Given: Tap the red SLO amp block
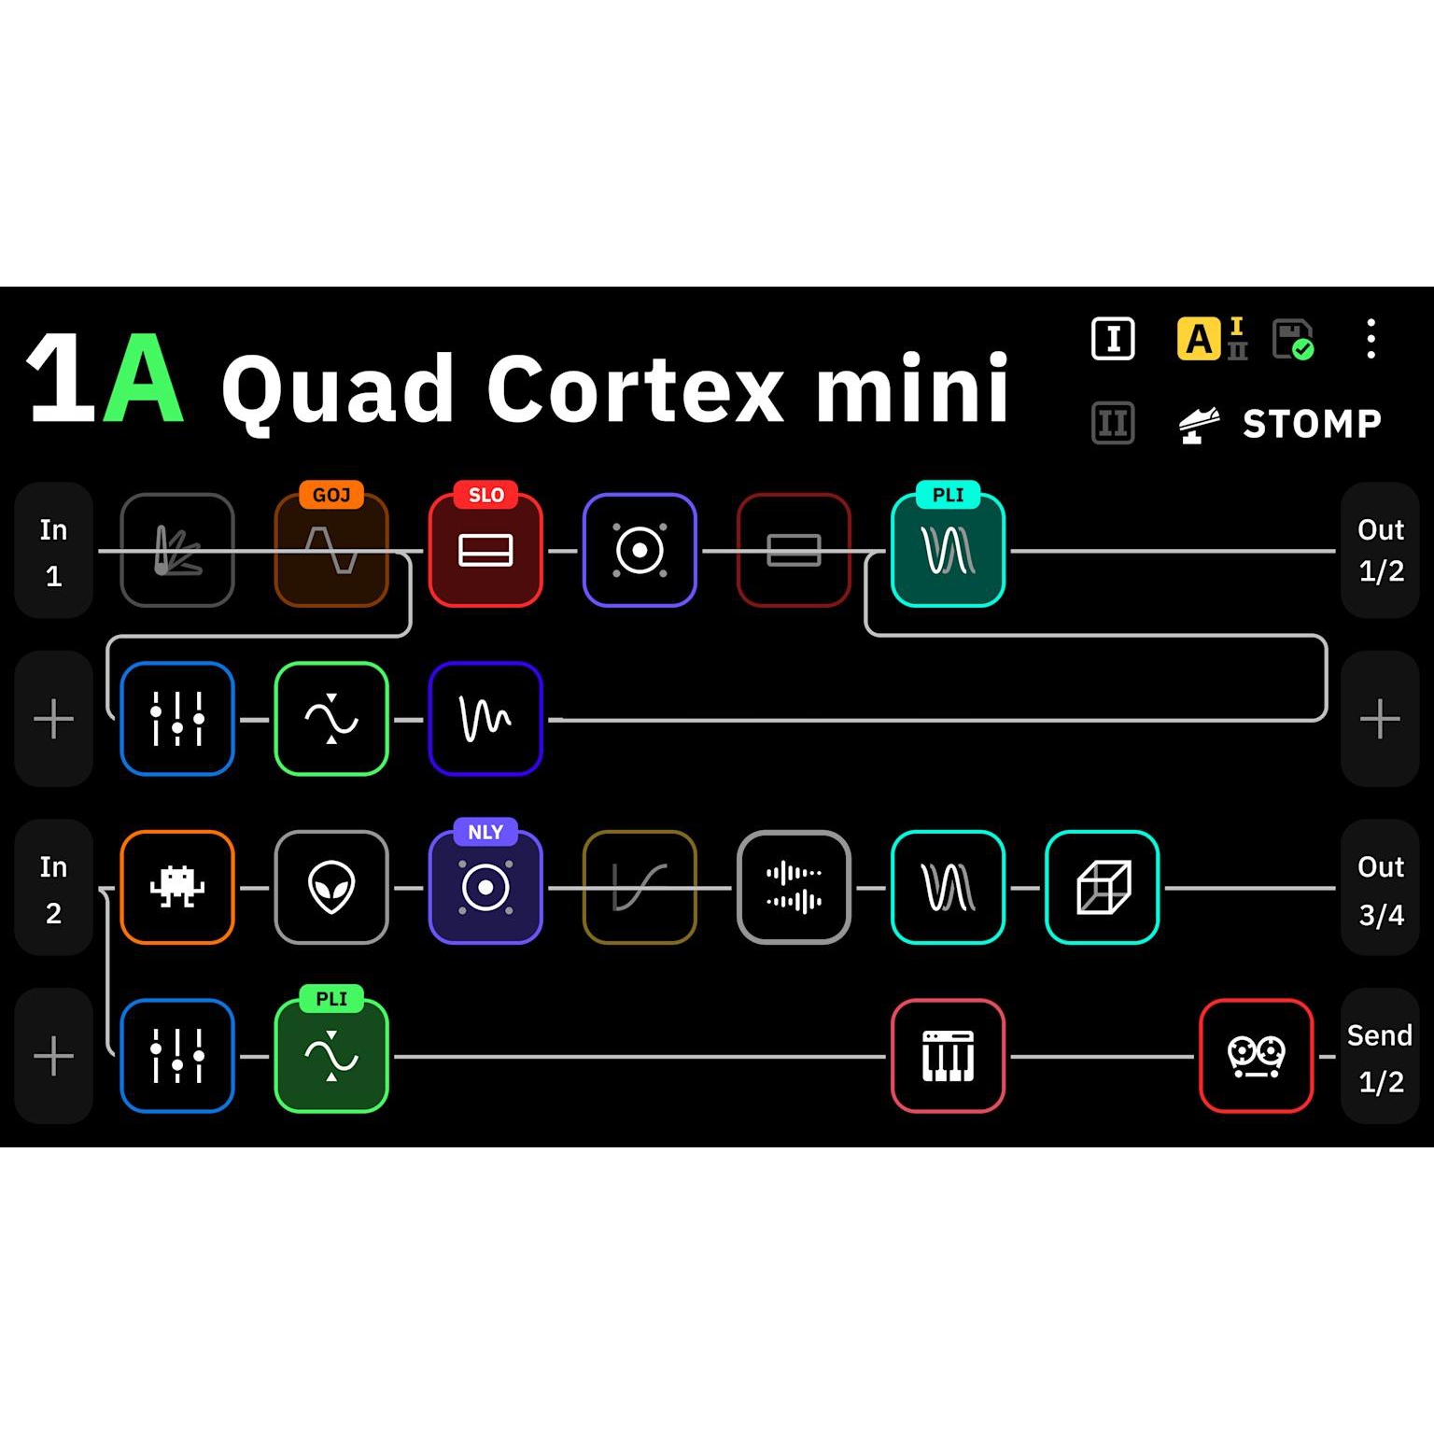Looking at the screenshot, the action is [x=485, y=550].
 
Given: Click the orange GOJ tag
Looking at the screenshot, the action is [x=331, y=495].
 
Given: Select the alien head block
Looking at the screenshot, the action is [x=331, y=887].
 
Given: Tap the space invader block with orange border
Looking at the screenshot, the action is [x=177, y=887].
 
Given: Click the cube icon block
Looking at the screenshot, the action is [x=1103, y=887].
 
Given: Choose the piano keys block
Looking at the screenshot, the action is [x=949, y=1056].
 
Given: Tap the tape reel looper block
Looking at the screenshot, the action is [x=1257, y=1056].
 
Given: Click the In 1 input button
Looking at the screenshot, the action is [x=54, y=551].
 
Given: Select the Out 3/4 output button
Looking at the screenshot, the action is [x=1381, y=888].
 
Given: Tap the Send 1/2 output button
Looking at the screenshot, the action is [x=1381, y=1057].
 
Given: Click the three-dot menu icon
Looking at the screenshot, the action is [x=1371, y=338].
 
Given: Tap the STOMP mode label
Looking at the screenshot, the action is [x=1312, y=424].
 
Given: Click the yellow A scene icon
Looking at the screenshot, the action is [x=1200, y=339].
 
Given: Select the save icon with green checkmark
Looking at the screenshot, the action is [x=1294, y=339].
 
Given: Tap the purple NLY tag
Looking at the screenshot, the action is [x=485, y=832].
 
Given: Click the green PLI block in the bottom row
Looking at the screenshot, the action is [x=331, y=1056].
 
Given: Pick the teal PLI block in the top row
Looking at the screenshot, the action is [x=949, y=550].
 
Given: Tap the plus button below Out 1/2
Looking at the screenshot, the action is [x=1381, y=719].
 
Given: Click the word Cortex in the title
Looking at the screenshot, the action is [x=636, y=388].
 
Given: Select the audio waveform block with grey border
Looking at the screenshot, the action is [x=794, y=887].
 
